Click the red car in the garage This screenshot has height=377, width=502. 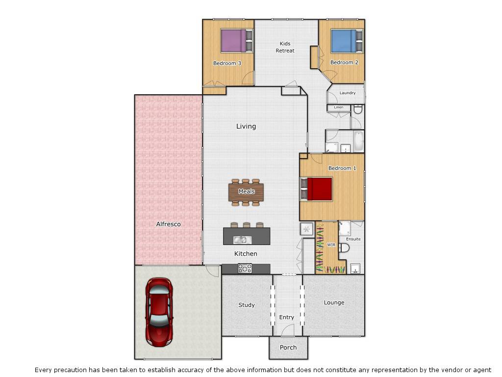point(159,311)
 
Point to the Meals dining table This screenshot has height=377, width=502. point(246,191)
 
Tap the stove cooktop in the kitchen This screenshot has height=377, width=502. point(245,269)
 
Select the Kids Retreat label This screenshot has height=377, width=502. point(285,47)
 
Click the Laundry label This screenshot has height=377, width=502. point(348,93)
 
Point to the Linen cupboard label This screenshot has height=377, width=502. point(338,107)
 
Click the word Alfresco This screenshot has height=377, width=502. point(168,224)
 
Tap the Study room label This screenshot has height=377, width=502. point(247,305)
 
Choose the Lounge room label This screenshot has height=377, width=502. point(334,302)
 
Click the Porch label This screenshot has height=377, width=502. point(288,348)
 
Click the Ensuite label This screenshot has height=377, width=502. point(353,239)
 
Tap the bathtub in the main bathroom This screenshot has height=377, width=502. point(358,141)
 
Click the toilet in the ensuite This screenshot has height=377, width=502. point(344,249)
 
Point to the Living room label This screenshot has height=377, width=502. point(246,126)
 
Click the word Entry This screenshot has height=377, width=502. point(287,318)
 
